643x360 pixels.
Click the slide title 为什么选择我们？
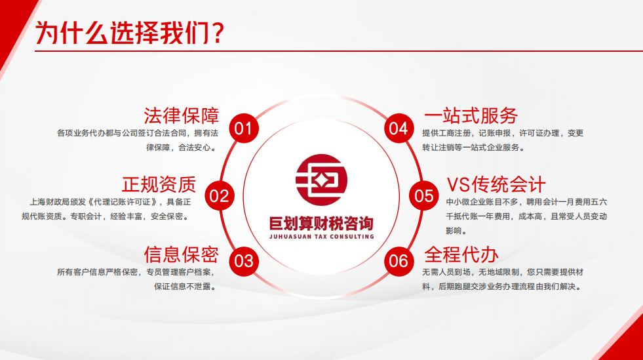pyautogui.click(x=128, y=32)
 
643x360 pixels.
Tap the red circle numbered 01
pyautogui.click(x=243, y=128)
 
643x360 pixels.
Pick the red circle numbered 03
pyautogui.click(x=243, y=261)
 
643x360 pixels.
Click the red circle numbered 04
pyautogui.click(x=399, y=128)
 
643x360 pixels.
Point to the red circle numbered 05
pyautogui.click(x=423, y=195)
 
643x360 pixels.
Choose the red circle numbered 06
pyautogui.click(x=399, y=261)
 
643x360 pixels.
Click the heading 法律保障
pyautogui.click(x=181, y=115)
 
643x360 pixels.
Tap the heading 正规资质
pyautogui.click(x=159, y=184)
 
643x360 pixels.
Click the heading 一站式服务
pyautogui.click(x=471, y=115)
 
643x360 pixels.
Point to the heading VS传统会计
pyautogui.click(x=496, y=184)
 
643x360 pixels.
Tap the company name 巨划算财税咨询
pyautogui.click(x=321, y=222)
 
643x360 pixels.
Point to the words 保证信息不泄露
pyautogui.click(x=184, y=286)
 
